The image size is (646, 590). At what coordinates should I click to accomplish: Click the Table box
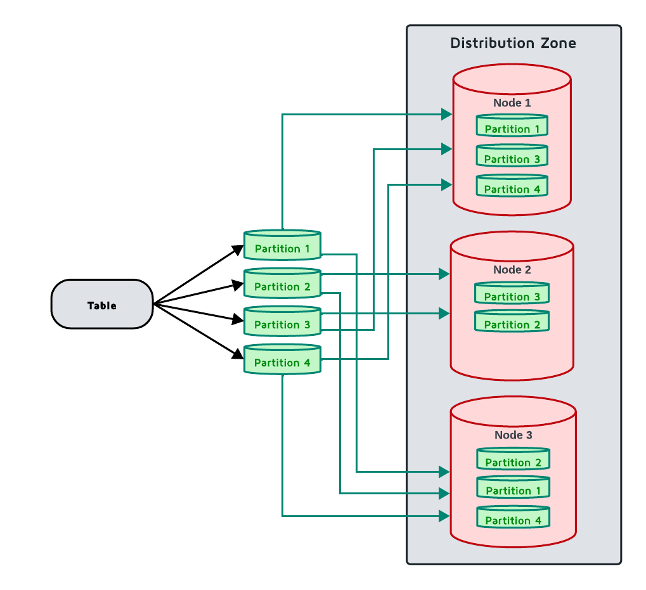[x=102, y=305]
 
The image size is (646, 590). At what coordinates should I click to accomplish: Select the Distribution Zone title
[x=513, y=43]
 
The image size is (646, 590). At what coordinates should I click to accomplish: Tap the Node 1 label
[x=512, y=103]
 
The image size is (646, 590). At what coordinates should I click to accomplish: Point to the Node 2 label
[x=512, y=270]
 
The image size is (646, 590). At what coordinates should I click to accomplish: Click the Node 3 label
[x=513, y=435]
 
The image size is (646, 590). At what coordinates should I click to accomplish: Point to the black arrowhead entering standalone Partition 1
[x=238, y=248]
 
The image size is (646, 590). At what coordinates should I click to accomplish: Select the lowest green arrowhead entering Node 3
[x=445, y=516]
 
